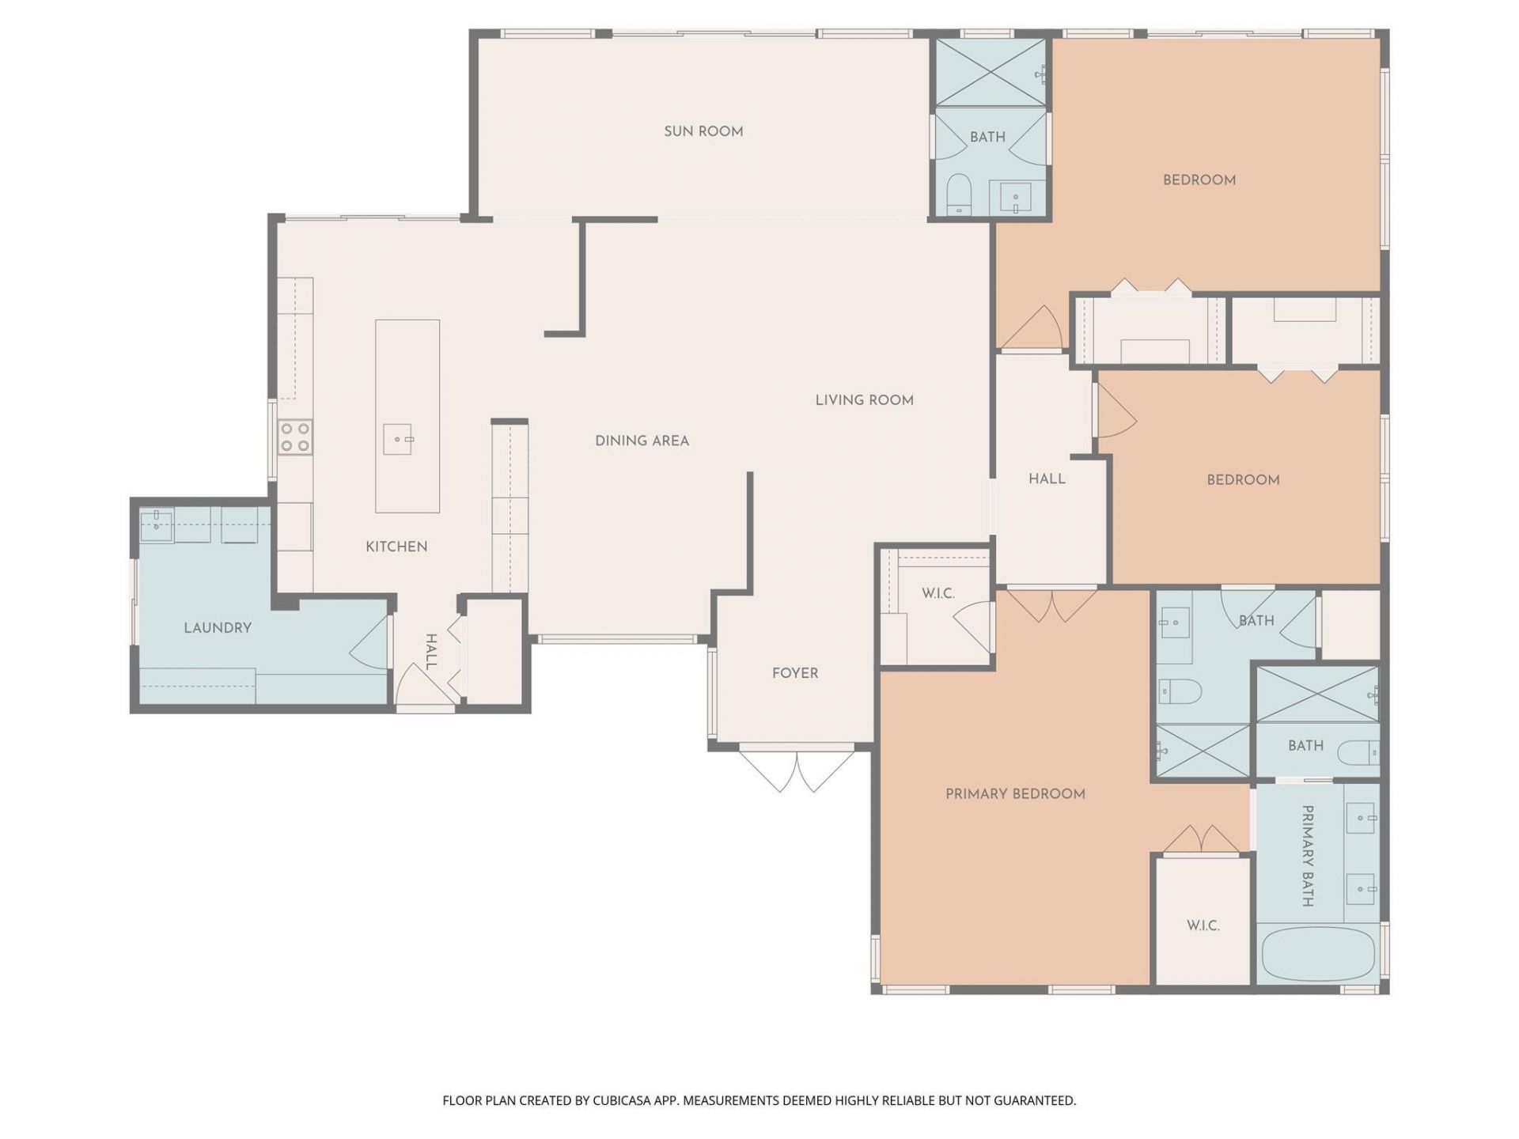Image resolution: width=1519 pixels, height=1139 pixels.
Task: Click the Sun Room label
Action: pos(703,131)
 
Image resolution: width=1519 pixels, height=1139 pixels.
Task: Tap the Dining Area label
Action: pos(642,441)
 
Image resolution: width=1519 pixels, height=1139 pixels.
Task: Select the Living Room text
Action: pos(864,400)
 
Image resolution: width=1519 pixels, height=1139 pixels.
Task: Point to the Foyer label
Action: pos(795,673)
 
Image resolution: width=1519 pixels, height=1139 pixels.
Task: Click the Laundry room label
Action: pos(218,628)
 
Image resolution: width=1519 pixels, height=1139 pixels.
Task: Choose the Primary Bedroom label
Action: pos(1015,793)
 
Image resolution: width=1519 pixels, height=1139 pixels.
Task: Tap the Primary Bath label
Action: pos(1308,856)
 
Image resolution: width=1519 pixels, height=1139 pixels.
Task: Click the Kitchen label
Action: pos(396,547)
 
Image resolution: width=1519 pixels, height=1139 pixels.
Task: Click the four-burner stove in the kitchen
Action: pos(295,437)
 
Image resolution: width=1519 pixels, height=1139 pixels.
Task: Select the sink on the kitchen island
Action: pos(398,439)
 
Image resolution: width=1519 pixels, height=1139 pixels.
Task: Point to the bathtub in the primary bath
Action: pos(1316,954)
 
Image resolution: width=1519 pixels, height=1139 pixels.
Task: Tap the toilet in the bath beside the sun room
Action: pos(959,194)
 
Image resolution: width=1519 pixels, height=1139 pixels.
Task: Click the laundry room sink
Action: pos(157,525)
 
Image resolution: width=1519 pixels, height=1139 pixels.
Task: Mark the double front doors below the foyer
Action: pos(797,769)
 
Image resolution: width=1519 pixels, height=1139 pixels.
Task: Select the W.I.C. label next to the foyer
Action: pos(938,593)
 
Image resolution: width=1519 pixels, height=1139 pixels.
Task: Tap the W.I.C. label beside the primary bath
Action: pos(1203,925)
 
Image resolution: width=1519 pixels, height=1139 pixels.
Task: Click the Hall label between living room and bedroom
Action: pos(1047,479)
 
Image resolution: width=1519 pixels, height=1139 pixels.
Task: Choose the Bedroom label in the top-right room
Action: pos(1199,180)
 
